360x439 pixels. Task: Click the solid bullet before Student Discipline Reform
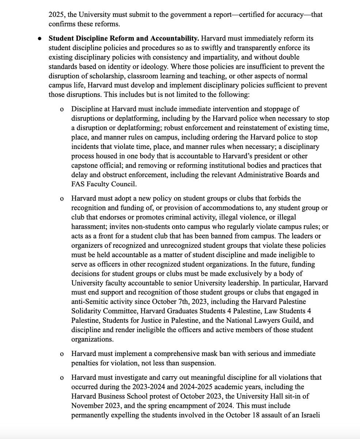(41, 38)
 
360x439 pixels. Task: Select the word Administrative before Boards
(261, 175)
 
